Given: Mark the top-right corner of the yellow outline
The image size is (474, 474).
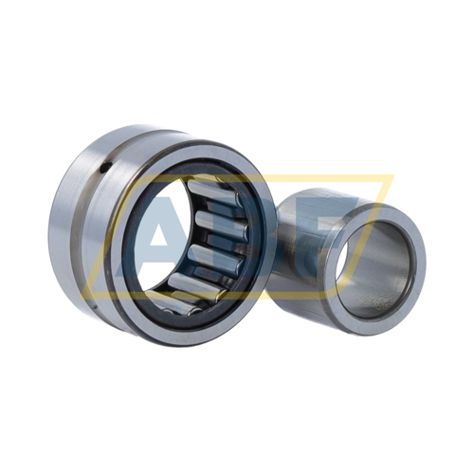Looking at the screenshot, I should point(392,177).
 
